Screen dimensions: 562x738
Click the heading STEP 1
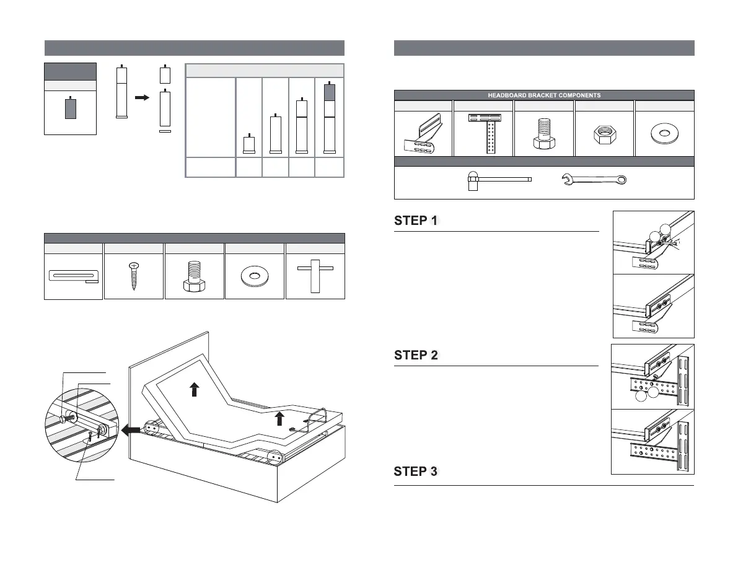[x=416, y=221]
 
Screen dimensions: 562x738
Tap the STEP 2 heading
[x=416, y=356]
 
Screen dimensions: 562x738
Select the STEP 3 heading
[x=416, y=472]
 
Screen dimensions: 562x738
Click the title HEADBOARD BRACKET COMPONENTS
[x=543, y=95]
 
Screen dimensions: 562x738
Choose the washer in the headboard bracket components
[x=664, y=133]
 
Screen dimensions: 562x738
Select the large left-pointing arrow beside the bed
[x=131, y=429]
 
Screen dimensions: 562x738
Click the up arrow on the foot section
[x=279, y=418]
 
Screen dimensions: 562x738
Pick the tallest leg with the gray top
[x=329, y=117]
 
